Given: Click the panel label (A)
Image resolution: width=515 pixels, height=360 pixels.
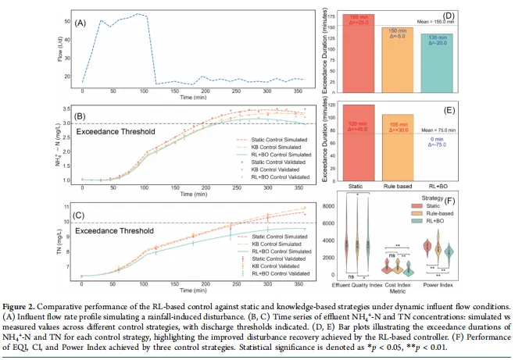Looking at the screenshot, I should pyautogui.click(x=80, y=23).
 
